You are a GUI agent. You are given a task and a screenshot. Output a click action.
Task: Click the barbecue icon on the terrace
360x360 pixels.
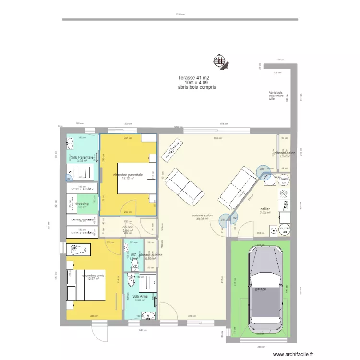click(220, 61)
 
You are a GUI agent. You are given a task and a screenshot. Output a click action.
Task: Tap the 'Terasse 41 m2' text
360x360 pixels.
click(193, 78)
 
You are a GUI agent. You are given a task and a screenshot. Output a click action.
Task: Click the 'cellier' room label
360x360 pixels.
click(265, 209)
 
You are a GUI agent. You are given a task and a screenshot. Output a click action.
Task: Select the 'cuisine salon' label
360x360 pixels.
click(202, 216)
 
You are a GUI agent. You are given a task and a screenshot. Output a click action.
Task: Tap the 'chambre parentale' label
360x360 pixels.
click(128, 175)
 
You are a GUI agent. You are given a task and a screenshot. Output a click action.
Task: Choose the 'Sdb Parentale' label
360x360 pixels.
click(83, 158)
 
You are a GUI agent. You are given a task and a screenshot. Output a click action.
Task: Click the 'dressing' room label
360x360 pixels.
click(82, 204)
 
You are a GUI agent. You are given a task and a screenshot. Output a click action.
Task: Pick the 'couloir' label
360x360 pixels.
click(128, 228)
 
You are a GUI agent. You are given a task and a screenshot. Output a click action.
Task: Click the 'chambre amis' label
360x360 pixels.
click(93, 276)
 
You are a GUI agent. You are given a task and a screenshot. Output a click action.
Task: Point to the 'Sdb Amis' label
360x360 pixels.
click(141, 297)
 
